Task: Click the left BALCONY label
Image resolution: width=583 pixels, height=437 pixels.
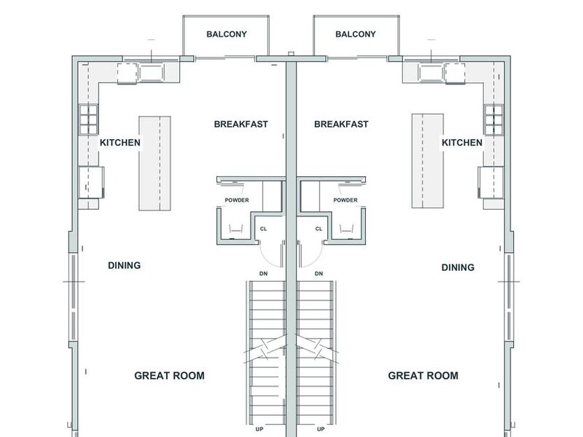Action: click(x=227, y=34)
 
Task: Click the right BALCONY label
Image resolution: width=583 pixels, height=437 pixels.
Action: click(x=356, y=34)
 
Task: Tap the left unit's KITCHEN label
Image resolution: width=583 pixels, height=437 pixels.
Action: click(x=120, y=143)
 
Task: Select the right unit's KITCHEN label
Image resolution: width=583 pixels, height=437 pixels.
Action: click(x=462, y=143)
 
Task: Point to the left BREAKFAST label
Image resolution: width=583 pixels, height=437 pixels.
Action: click(x=241, y=124)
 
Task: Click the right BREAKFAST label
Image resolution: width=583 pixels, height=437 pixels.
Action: click(x=341, y=124)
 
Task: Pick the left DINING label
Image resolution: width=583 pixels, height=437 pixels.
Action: click(x=124, y=265)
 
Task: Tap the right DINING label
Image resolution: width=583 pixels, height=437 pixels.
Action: click(x=458, y=267)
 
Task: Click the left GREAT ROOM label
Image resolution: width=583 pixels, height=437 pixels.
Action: click(x=170, y=376)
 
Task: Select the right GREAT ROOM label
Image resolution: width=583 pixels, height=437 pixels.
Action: click(x=423, y=376)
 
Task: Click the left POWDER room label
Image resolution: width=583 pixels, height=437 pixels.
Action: click(x=237, y=200)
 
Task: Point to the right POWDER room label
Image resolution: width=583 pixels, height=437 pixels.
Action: click(x=345, y=200)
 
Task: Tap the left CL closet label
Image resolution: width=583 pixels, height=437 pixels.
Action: click(x=263, y=229)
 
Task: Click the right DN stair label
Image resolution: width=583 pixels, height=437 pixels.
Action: click(x=318, y=274)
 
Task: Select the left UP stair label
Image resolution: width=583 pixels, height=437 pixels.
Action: click(x=259, y=429)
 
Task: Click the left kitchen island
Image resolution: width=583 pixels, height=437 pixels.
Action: click(x=154, y=163)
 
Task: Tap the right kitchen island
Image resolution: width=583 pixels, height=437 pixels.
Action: click(x=428, y=161)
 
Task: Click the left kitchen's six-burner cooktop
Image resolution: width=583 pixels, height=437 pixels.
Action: click(x=88, y=119)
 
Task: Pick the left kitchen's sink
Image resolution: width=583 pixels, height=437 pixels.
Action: click(x=151, y=72)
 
